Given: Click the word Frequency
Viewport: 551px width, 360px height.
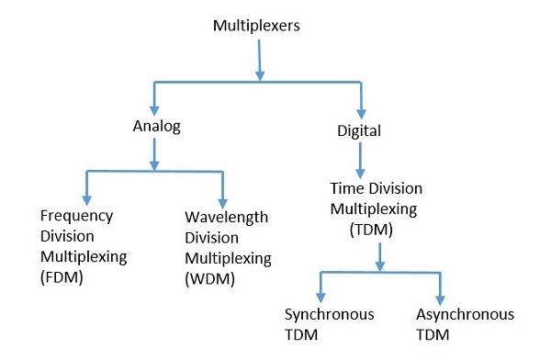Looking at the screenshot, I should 77,216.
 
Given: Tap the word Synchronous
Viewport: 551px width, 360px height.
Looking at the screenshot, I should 329,315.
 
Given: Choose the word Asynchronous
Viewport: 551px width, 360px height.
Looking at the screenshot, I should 464,315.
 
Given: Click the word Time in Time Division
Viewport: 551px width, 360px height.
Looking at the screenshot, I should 345,188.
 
